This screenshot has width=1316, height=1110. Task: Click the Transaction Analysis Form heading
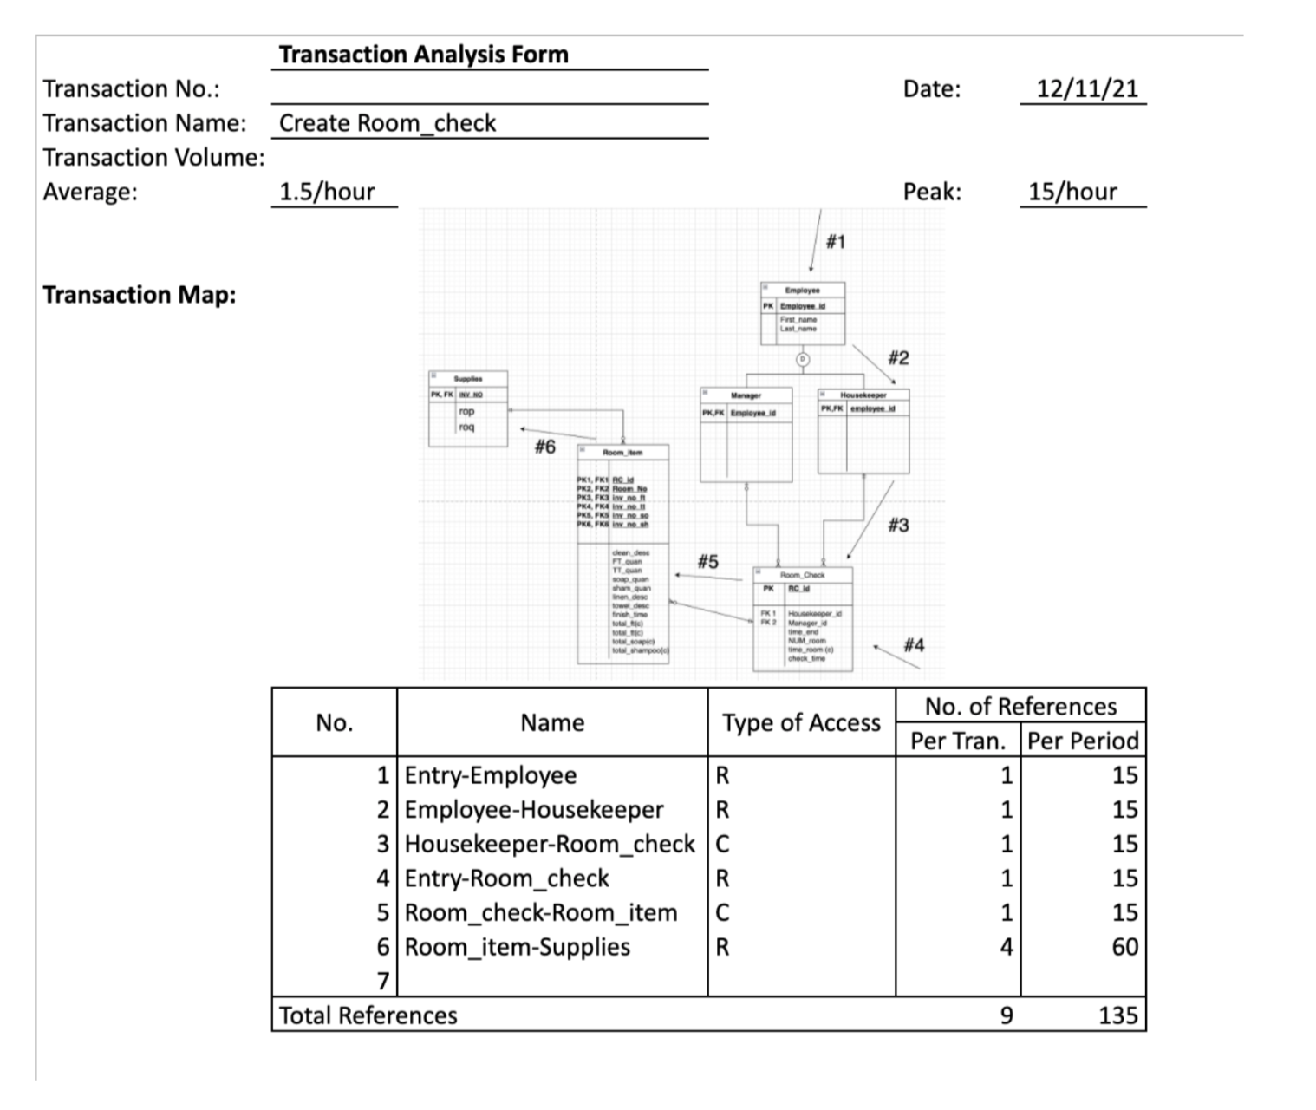(423, 55)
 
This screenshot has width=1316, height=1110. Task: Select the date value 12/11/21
(1087, 88)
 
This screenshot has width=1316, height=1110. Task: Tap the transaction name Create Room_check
(388, 123)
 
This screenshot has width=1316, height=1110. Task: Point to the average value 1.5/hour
(327, 192)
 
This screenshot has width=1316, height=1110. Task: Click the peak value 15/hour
(1072, 192)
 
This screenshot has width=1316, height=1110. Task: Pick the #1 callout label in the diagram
(835, 241)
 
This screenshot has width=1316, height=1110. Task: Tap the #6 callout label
(544, 447)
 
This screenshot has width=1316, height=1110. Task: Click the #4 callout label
(914, 645)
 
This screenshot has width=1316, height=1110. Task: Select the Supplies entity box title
(468, 379)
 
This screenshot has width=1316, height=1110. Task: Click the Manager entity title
(746, 395)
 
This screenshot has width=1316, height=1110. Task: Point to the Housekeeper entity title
(863, 395)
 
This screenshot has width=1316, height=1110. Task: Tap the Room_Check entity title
(803, 575)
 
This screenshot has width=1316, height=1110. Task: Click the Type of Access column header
(801, 722)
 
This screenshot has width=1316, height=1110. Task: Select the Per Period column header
(1083, 741)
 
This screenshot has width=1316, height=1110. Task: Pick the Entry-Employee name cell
(491, 775)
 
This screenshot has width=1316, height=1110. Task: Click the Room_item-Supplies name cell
(518, 947)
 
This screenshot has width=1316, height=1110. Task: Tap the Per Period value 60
(1124, 947)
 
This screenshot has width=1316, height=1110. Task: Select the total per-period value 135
(1117, 1015)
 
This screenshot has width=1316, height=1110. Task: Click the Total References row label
(368, 1015)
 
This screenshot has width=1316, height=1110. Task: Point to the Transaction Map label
(140, 295)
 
